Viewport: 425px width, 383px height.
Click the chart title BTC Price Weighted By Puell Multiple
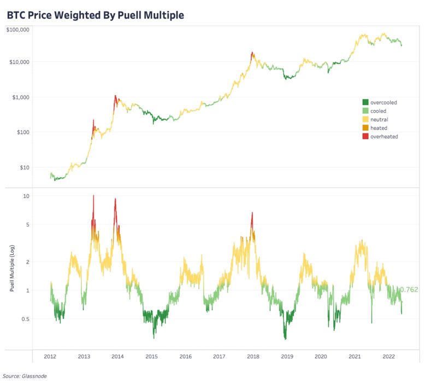(x=95, y=15)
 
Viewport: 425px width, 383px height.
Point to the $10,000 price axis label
(x=20, y=62)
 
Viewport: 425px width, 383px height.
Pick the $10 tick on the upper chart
(x=25, y=167)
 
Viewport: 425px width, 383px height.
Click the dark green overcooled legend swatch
(x=365, y=102)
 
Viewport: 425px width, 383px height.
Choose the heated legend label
(x=379, y=128)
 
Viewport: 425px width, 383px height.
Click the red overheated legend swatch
(x=365, y=136)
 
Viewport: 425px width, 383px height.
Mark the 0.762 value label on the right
(x=409, y=289)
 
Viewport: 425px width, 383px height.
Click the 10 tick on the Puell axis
(x=26, y=196)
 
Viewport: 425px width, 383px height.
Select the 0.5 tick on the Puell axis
(x=25, y=319)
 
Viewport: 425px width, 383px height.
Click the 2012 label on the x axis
(x=50, y=356)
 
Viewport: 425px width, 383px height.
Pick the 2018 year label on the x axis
(x=253, y=356)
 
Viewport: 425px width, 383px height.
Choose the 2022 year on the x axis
(x=388, y=356)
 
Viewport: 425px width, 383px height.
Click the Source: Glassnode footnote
(x=25, y=376)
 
